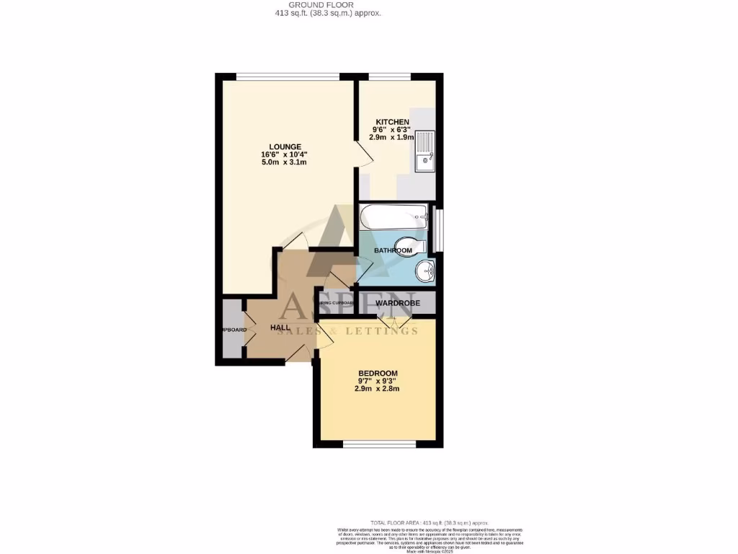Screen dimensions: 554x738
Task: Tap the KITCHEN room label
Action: tap(391, 122)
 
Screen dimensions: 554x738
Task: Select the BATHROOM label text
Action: tap(393, 250)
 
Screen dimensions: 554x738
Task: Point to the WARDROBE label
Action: tap(397, 303)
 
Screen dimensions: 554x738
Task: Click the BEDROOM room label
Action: tap(378, 373)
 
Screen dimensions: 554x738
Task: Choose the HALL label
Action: tap(280, 327)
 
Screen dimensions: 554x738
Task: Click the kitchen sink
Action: tap(424, 151)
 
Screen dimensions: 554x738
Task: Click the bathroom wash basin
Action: tap(425, 272)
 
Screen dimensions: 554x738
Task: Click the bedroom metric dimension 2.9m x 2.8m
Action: tap(377, 389)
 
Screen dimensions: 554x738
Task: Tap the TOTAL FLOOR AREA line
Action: tap(430, 522)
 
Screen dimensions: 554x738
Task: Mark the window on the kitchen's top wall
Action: tap(390, 76)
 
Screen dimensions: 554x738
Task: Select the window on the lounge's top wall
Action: tap(288, 76)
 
